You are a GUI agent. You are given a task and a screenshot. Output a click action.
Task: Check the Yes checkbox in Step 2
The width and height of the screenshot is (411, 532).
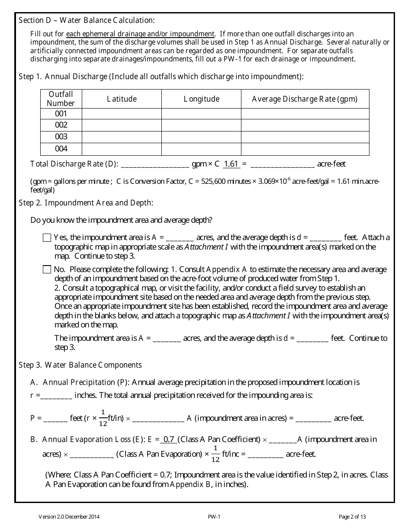tap(47, 237)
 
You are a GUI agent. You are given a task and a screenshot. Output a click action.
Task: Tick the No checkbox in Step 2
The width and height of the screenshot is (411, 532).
tap(47, 269)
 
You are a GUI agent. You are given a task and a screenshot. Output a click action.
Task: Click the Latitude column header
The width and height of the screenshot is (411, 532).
tap(122, 99)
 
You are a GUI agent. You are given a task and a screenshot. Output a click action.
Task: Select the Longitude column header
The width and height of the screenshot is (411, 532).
tap(201, 99)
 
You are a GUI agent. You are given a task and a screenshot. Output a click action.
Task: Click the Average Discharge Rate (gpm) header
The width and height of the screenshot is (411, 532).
tap(305, 99)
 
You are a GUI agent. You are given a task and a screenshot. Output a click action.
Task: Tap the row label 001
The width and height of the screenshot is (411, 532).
tap(61, 114)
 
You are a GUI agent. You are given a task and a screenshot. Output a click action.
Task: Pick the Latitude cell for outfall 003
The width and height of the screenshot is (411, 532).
tap(122, 137)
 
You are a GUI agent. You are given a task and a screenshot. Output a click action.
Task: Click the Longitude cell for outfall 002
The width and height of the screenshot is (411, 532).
tap(201, 125)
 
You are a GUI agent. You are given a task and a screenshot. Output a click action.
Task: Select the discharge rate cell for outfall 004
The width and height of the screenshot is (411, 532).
tap(305, 149)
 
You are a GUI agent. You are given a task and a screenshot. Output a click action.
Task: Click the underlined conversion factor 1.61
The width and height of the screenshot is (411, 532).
tap(231, 164)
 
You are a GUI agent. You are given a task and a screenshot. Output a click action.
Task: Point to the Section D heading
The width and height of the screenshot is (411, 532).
tap(87, 20)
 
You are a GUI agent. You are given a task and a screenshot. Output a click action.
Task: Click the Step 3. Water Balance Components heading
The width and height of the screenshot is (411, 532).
tap(80, 365)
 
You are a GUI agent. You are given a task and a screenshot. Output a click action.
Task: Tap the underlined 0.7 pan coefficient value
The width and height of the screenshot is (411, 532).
tap(168, 439)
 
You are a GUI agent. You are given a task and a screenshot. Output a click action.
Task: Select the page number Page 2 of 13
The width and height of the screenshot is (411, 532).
tap(352, 516)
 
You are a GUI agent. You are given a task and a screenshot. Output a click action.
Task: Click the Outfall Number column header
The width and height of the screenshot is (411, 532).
tap(61, 99)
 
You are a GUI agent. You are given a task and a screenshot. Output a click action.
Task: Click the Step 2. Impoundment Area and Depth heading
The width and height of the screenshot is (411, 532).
tap(86, 203)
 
